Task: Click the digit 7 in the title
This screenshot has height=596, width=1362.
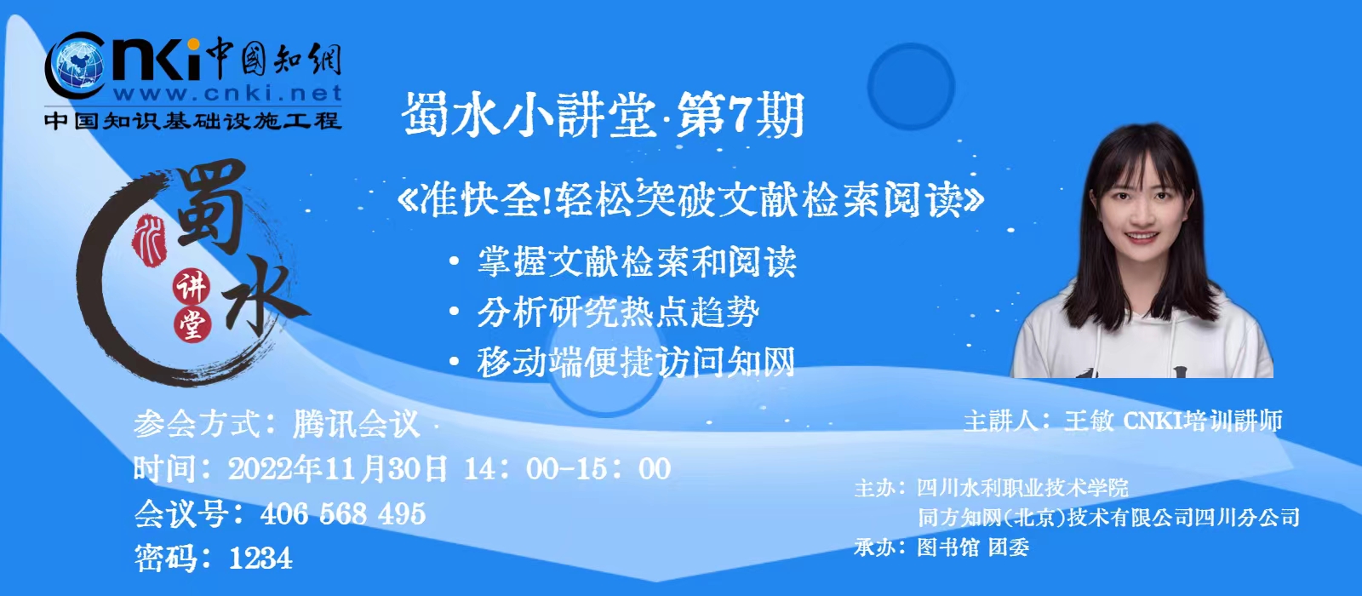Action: click(738, 114)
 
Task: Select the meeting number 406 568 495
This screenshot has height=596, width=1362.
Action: click(343, 514)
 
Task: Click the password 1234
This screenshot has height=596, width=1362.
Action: click(260, 559)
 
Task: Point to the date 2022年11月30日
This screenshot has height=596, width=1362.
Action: click(337, 469)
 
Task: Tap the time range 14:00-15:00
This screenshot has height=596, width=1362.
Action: click(568, 469)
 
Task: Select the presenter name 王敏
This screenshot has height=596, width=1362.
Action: click(1089, 421)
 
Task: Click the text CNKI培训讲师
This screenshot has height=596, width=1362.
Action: click(1203, 421)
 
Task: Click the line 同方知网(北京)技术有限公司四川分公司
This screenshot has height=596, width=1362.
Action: click(1108, 518)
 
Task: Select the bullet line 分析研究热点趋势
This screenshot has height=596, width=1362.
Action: click(618, 312)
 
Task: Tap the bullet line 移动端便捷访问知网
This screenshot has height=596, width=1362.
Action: click(636, 363)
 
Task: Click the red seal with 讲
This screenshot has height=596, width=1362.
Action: click(192, 287)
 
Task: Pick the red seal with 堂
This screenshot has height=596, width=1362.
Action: click(192, 324)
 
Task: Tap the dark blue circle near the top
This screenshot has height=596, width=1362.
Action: click(910, 86)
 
